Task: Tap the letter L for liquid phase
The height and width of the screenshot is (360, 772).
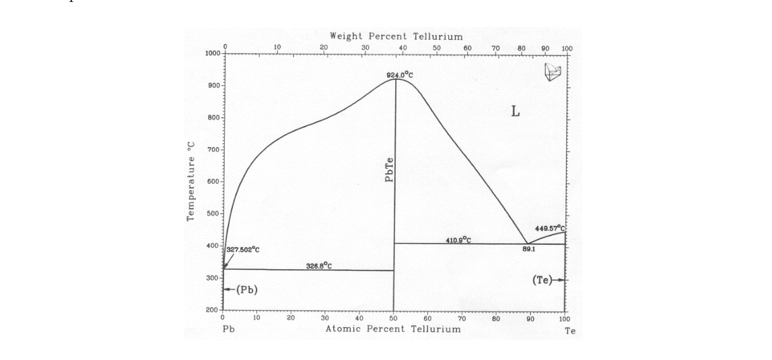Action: (x=515, y=112)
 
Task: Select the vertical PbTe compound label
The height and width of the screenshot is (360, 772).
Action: (x=389, y=168)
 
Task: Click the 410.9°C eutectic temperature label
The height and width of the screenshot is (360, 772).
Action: (x=458, y=240)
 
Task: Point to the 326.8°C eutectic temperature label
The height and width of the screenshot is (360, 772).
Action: (x=319, y=265)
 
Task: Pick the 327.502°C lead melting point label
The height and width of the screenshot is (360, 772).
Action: (x=243, y=250)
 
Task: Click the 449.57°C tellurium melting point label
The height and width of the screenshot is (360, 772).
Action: (x=550, y=229)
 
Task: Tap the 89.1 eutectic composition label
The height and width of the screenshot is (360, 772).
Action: (x=528, y=249)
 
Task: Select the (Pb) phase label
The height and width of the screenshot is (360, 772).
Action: (x=247, y=289)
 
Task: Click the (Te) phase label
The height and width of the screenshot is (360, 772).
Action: (x=542, y=279)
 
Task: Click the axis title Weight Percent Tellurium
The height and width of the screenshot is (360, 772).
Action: (x=396, y=36)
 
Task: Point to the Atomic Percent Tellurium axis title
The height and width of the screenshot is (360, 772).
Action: (x=393, y=329)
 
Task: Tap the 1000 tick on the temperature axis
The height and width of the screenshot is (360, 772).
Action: (x=213, y=53)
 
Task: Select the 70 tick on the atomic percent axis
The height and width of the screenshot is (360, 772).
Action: (x=462, y=318)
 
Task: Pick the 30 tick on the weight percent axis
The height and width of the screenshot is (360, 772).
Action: (x=365, y=48)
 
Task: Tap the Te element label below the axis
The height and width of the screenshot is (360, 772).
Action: (x=570, y=331)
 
